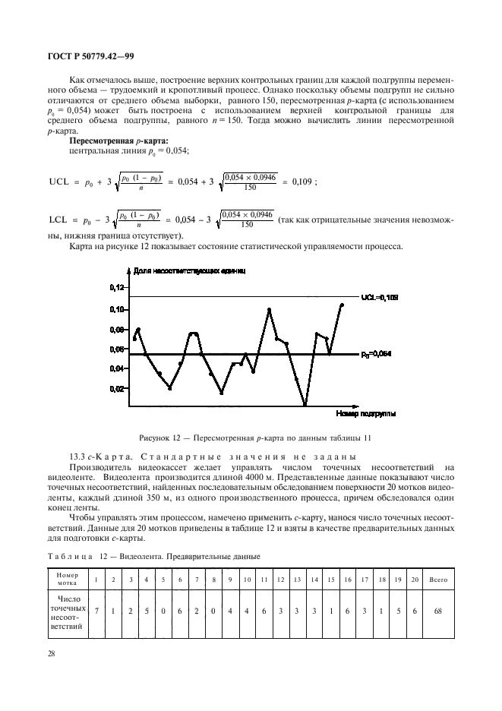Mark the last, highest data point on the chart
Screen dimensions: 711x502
[x=342, y=305]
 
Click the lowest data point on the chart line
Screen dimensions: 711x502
[x=305, y=405]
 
